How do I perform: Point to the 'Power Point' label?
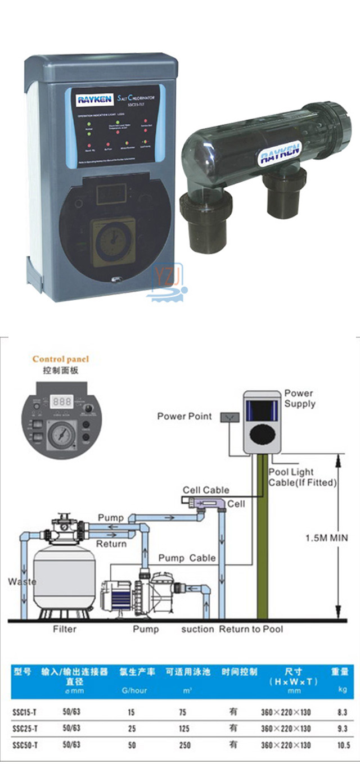pyautogui.click(x=184, y=417)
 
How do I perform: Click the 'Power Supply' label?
pyautogui.click(x=299, y=399)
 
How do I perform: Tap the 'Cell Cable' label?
pyautogui.click(x=208, y=490)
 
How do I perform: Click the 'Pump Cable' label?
pyautogui.click(x=187, y=558)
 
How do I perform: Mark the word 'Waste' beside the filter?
pyautogui.click(x=22, y=582)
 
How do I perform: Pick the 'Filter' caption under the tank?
pyautogui.click(x=65, y=629)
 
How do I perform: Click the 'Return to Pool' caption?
pyautogui.click(x=251, y=629)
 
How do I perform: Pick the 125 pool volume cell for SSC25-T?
pyautogui.click(x=183, y=729)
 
